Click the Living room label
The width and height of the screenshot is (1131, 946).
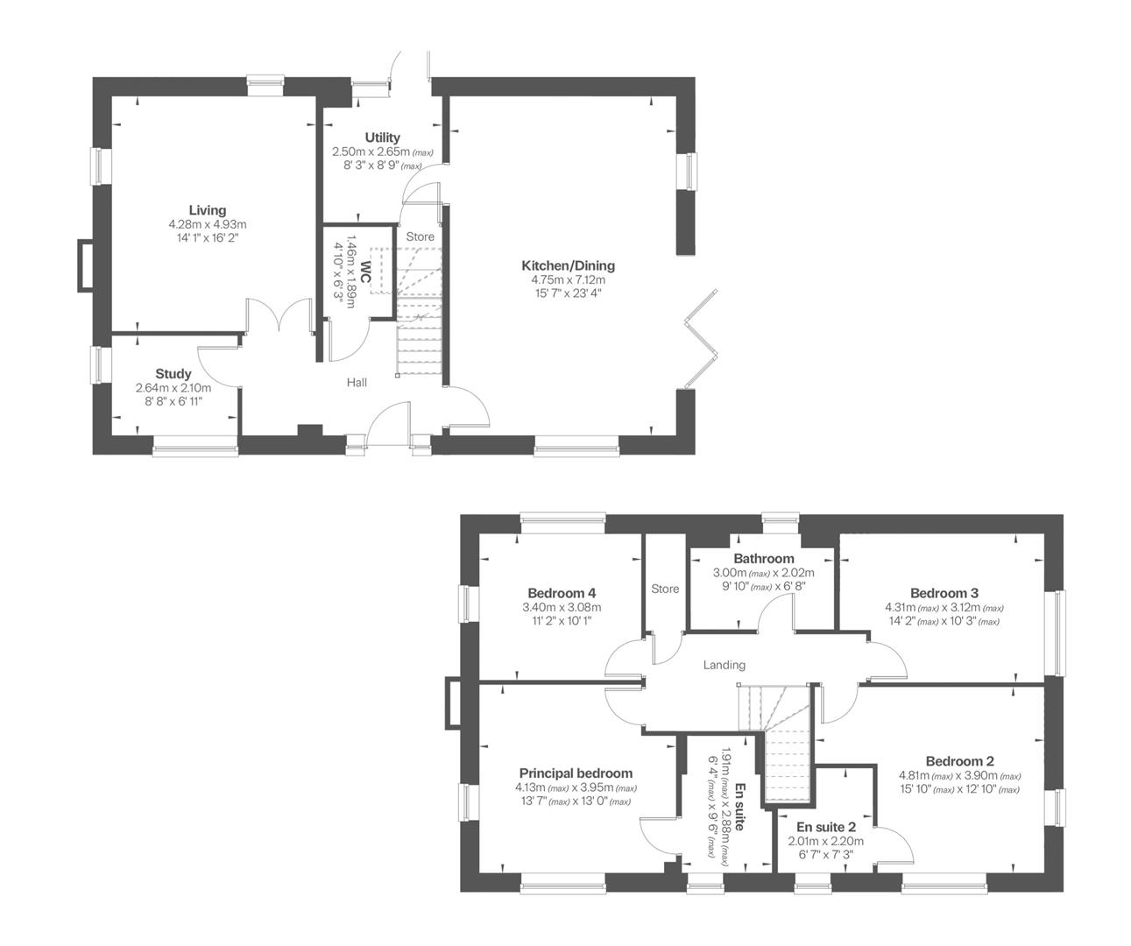(208, 210)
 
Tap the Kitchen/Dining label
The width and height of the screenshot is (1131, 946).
(568, 265)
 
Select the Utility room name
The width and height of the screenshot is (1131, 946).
(382, 138)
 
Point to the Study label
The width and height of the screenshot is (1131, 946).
(173, 374)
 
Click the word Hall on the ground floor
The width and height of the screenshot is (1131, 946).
(357, 383)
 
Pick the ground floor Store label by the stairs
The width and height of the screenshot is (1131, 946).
(420, 236)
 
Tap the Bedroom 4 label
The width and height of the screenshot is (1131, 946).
(562, 592)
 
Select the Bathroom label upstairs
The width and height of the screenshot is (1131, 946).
(763, 558)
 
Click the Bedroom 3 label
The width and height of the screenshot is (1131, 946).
(944, 592)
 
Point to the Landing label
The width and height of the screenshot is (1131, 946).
(724, 665)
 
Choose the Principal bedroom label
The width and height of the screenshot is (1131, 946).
(576, 773)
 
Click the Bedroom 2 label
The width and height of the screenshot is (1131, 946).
(958, 761)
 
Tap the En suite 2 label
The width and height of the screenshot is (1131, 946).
(825, 827)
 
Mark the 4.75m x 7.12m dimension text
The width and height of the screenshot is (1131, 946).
(568, 279)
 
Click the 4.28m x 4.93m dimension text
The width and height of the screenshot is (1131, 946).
(208, 224)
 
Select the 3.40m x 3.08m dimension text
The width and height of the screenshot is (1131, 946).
(562, 607)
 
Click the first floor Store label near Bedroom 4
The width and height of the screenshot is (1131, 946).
(665, 589)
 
